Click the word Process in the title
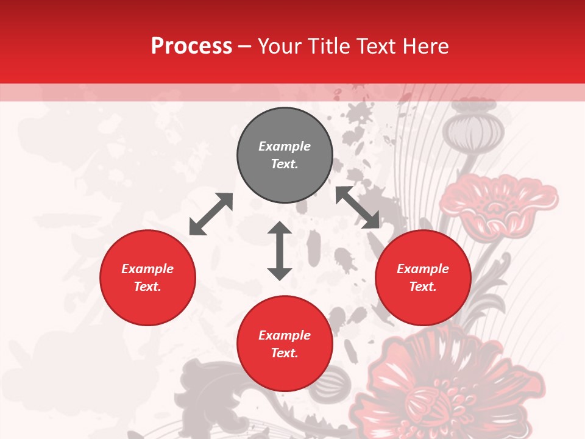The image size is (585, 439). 191,46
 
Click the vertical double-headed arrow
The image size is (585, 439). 280,251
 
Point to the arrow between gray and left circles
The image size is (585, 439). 211,214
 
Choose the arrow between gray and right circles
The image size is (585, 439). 358,207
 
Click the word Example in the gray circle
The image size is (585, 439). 285,146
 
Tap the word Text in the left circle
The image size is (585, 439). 147,287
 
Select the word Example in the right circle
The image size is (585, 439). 423,269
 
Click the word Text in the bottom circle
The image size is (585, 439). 285,353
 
